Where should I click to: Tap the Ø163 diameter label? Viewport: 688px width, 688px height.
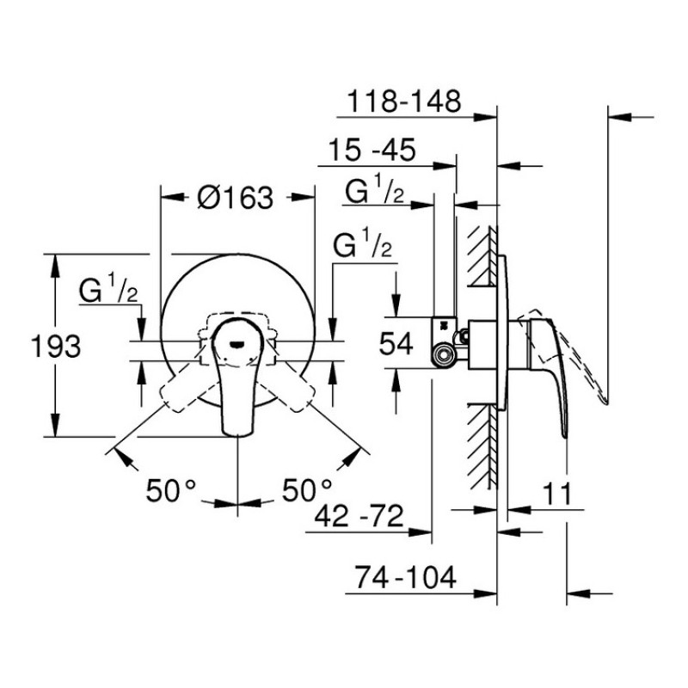pyautogui.click(x=234, y=199)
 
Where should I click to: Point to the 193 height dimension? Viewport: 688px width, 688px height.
pyautogui.click(x=57, y=347)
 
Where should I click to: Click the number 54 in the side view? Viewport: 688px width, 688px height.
pyautogui.click(x=397, y=343)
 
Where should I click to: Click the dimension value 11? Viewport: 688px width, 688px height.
pyautogui.click(x=556, y=494)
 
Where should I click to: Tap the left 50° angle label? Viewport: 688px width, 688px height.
pyautogui.click(x=171, y=490)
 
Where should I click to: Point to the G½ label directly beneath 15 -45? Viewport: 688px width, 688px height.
pyautogui.click(x=375, y=192)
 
